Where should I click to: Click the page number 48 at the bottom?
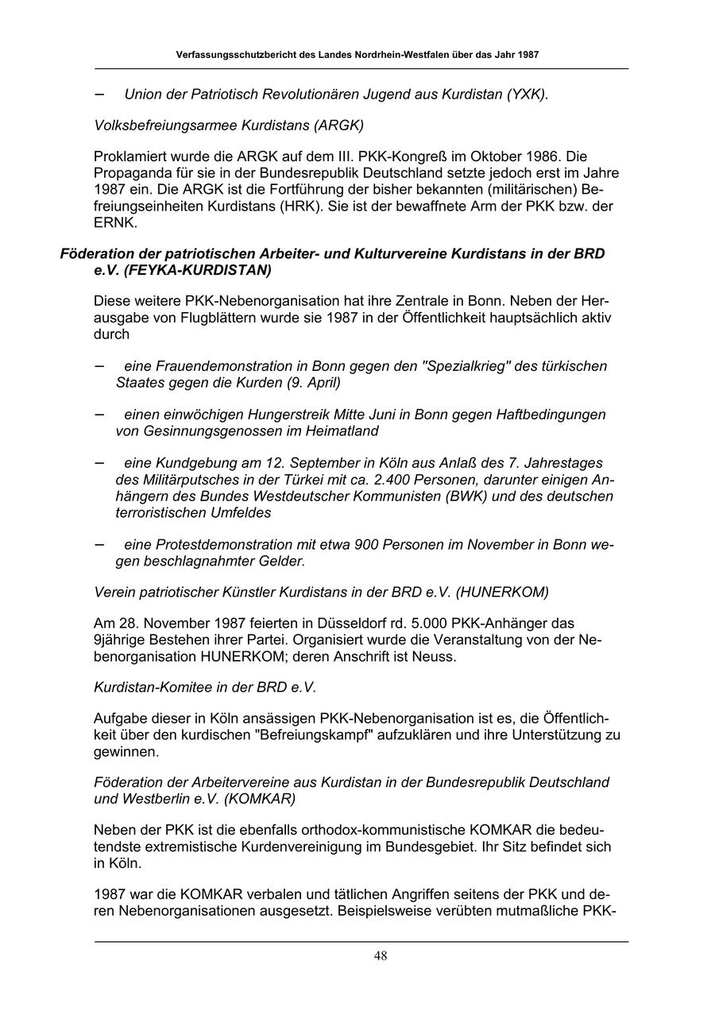[381, 955]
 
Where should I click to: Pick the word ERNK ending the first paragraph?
[114, 222]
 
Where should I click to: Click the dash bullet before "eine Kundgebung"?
[100, 462]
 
